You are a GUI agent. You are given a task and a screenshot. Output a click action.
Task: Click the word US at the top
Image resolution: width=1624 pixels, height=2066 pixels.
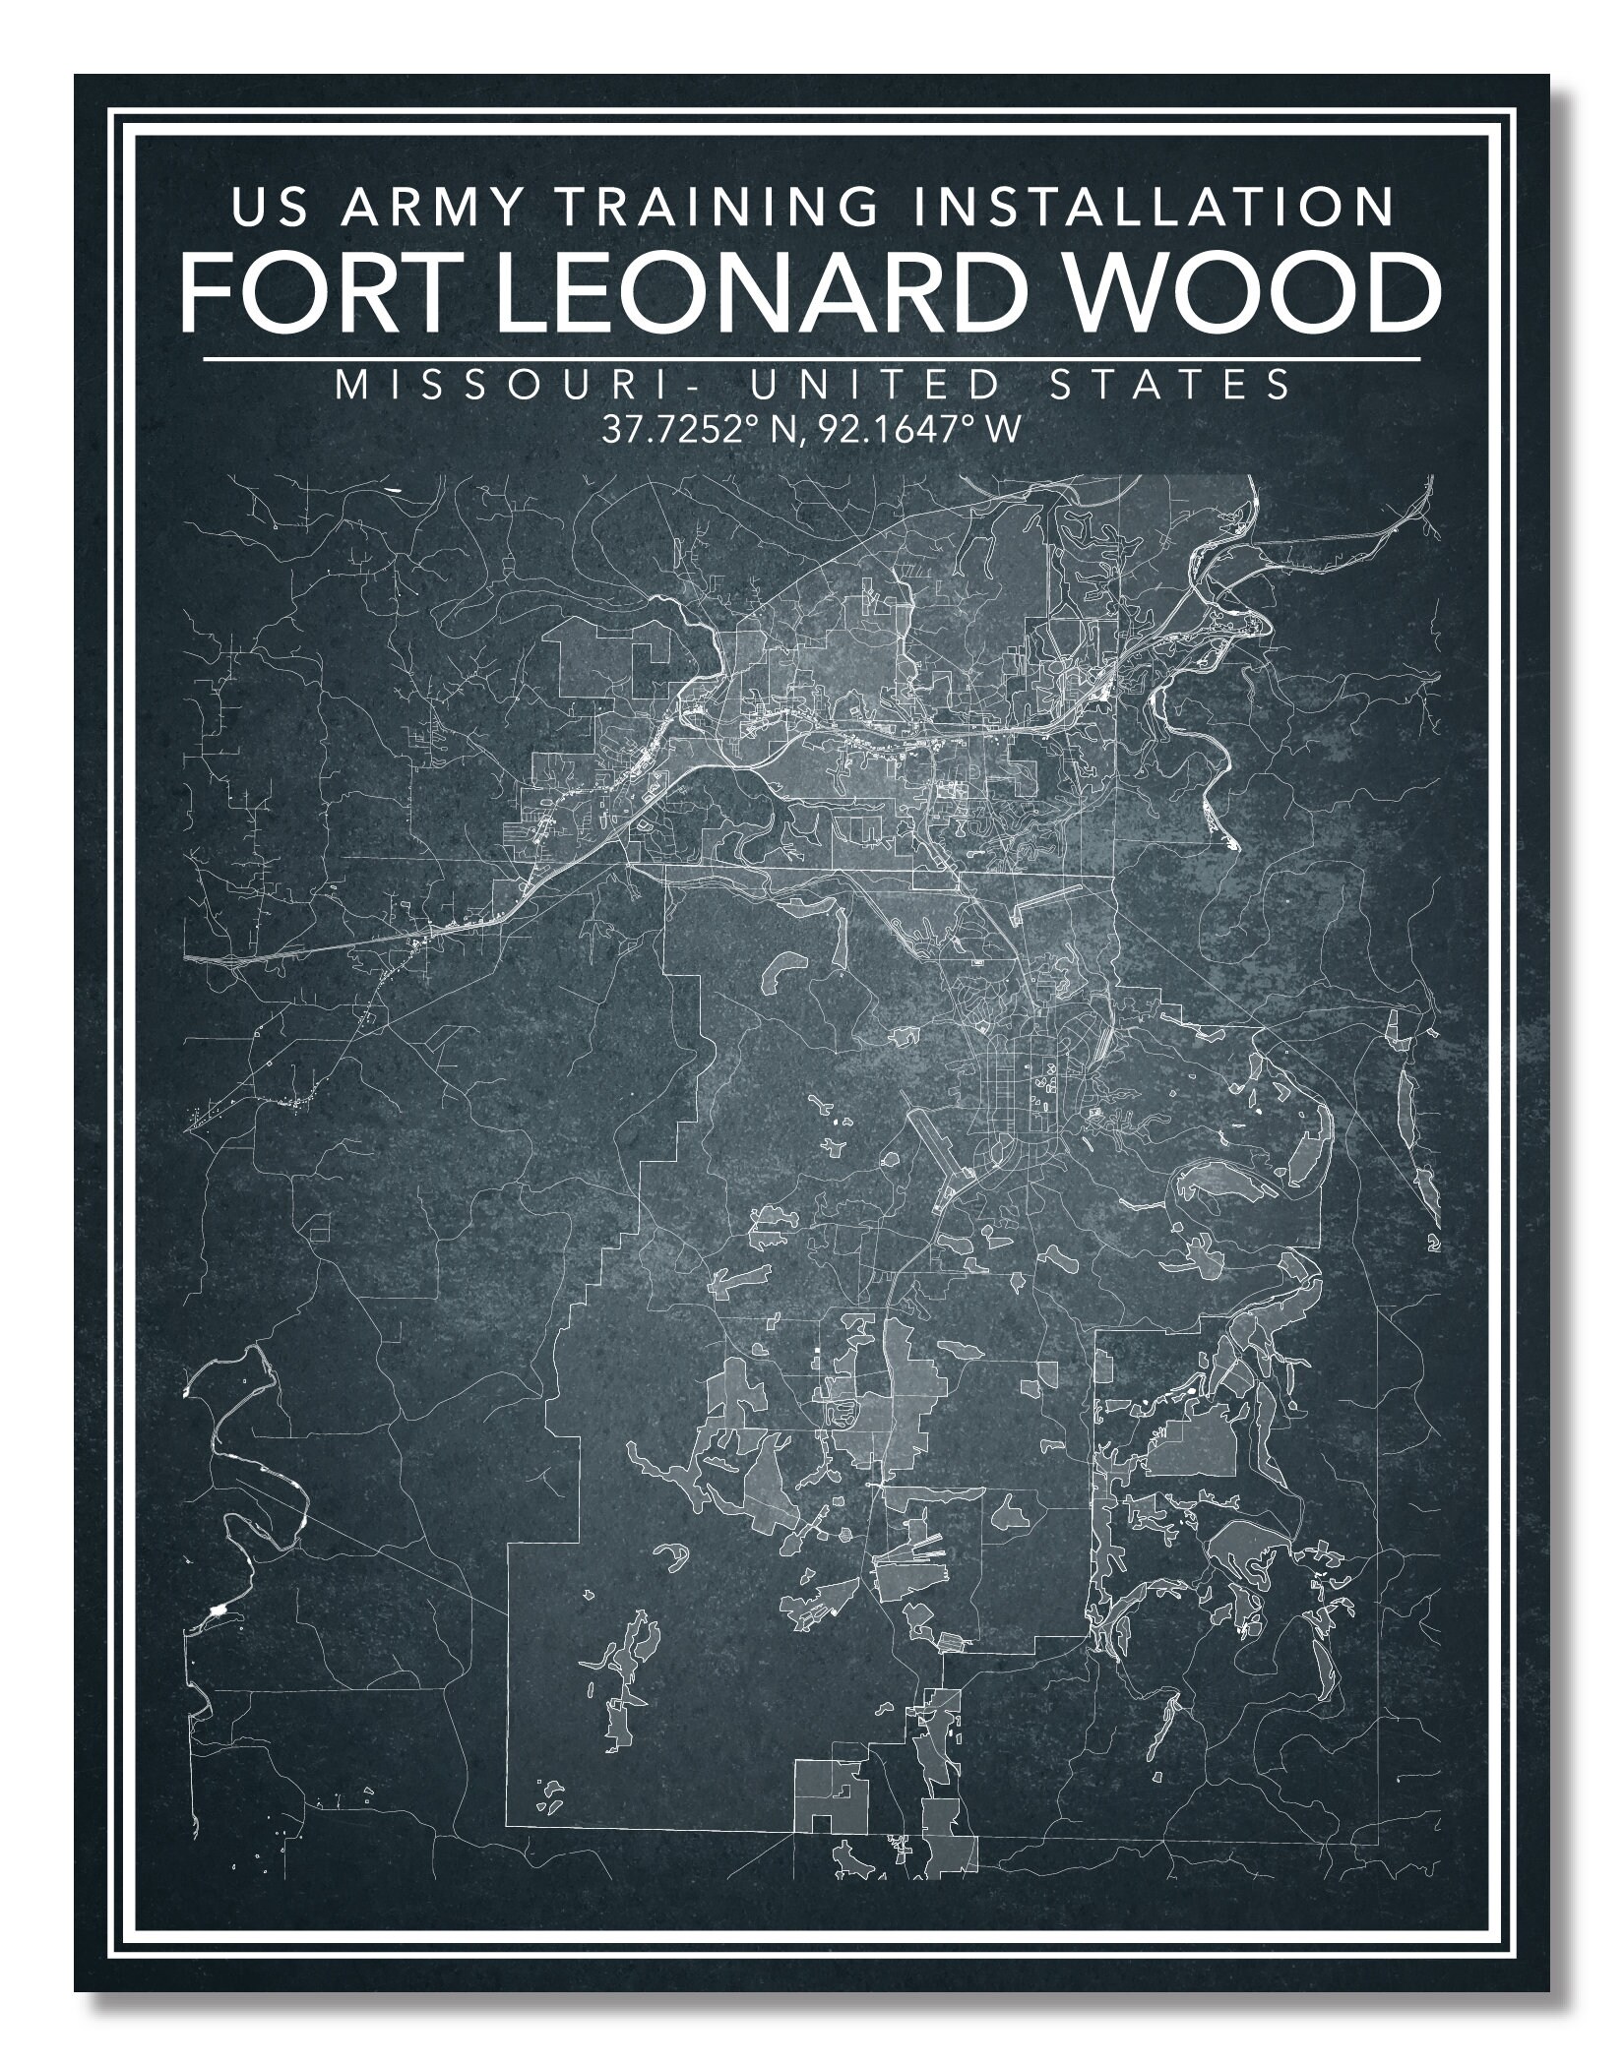(263, 208)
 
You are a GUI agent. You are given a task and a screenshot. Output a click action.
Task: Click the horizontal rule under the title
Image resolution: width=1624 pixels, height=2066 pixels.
(811, 359)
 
